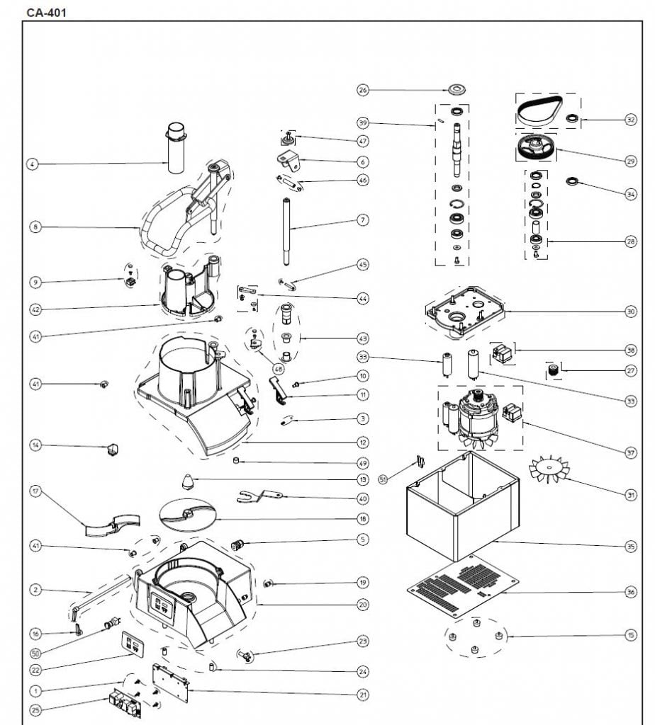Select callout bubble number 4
(x=32, y=164)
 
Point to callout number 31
(x=631, y=496)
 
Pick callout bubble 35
(x=631, y=546)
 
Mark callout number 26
(x=363, y=90)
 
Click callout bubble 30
(x=631, y=311)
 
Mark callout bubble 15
(x=631, y=635)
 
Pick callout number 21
(x=363, y=695)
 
